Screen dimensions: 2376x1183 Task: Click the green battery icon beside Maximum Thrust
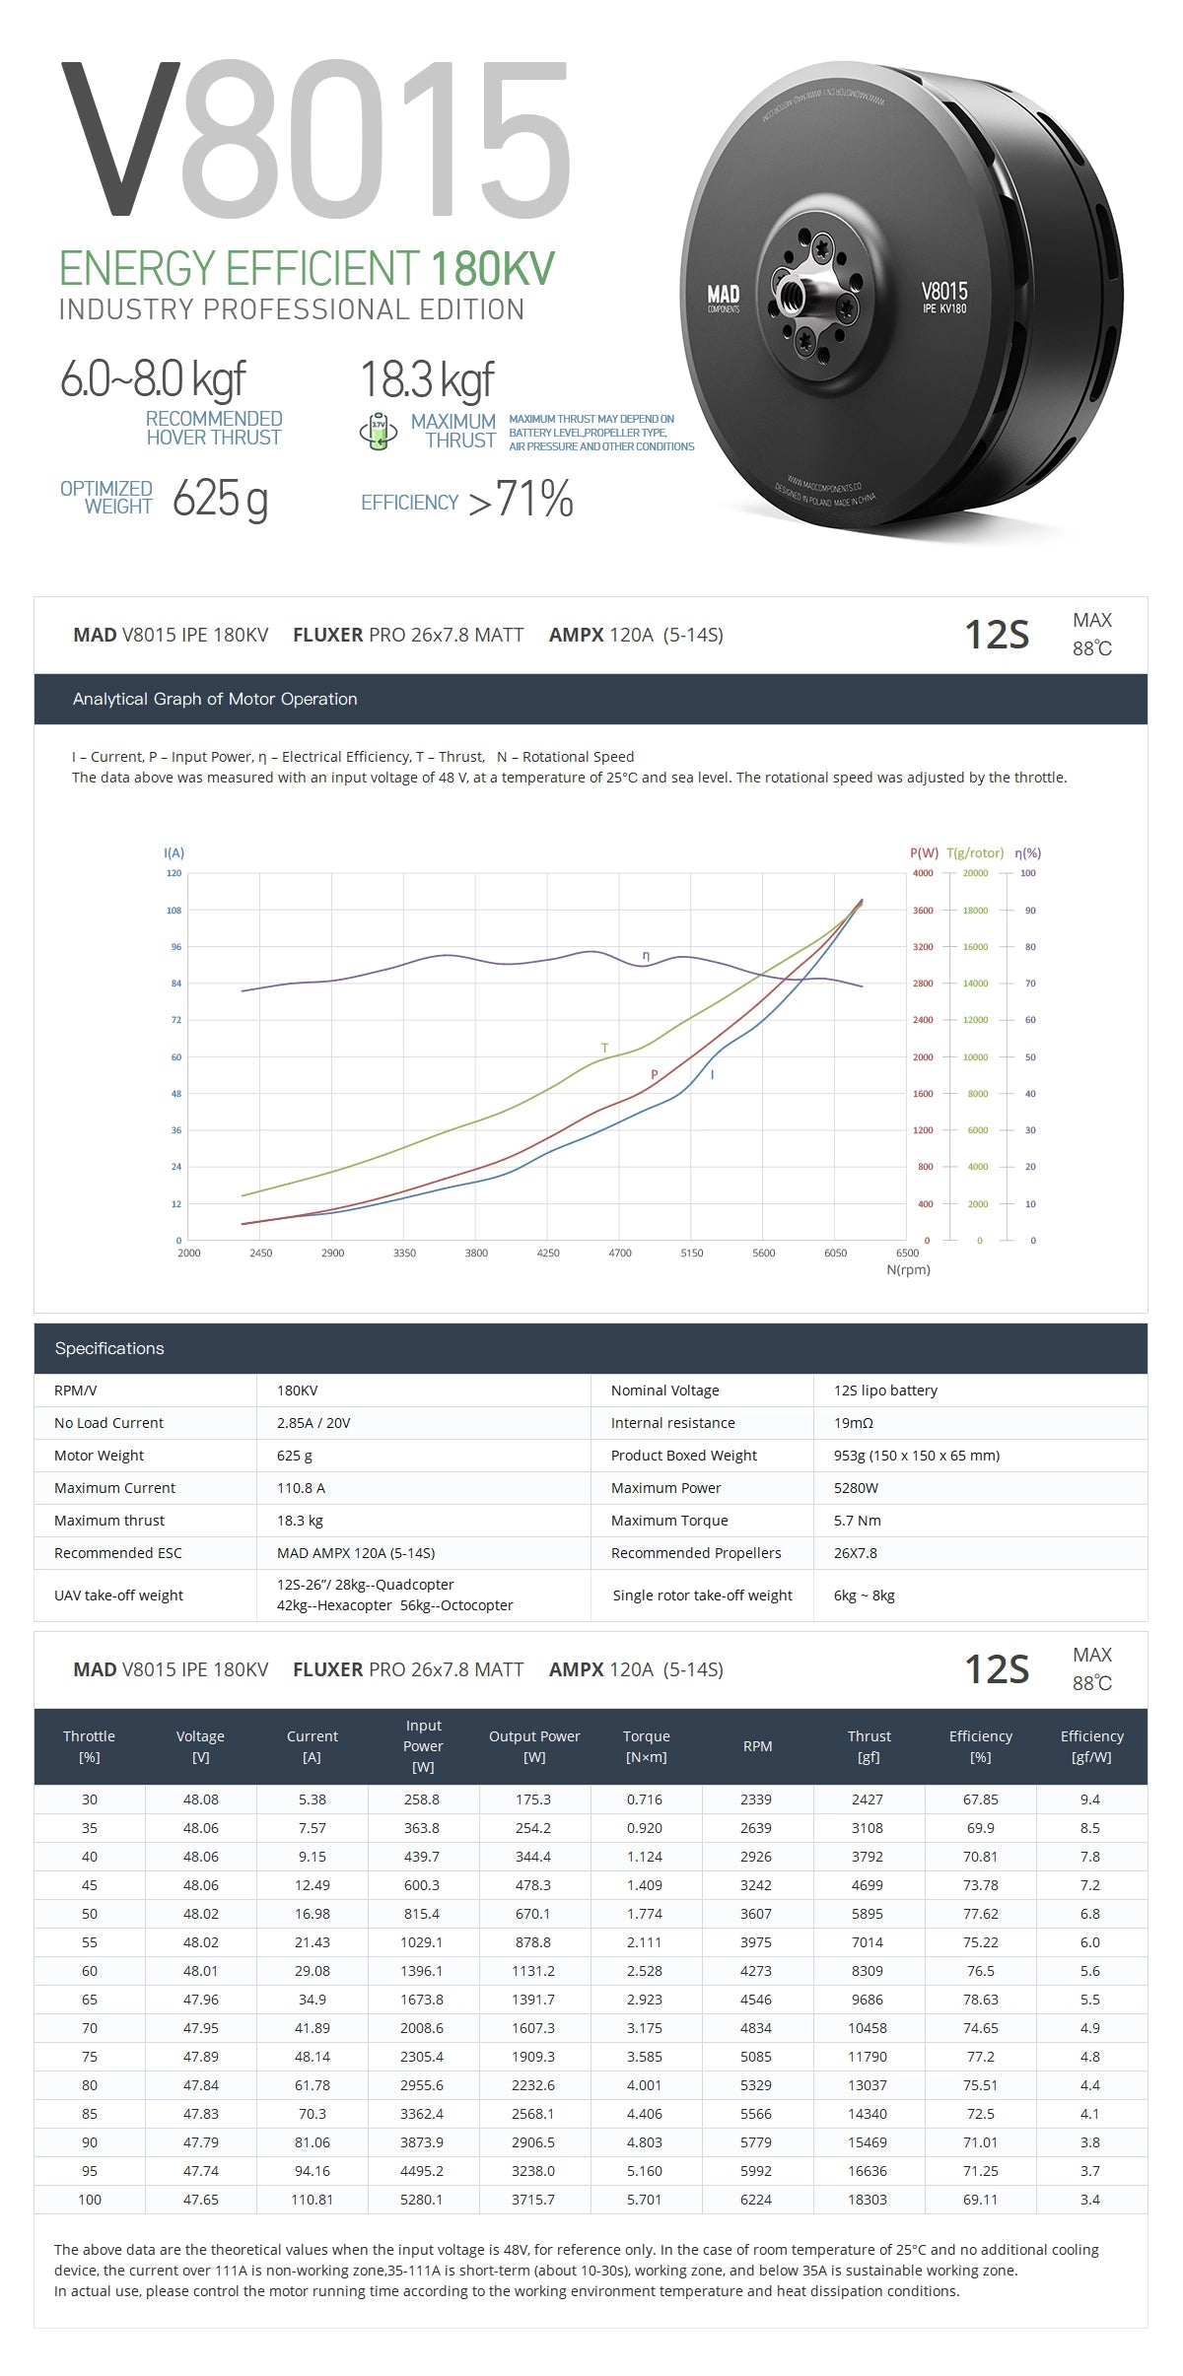point(378,431)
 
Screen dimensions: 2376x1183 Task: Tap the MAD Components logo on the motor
point(723,298)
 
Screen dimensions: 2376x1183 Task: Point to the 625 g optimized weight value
point(220,498)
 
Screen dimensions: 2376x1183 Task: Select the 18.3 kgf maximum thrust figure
point(427,379)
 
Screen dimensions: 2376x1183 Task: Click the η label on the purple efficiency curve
point(646,956)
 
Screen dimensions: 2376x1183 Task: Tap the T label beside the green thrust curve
point(604,1048)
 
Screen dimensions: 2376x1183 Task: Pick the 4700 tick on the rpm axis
point(620,1253)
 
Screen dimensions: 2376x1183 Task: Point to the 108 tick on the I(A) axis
point(174,911)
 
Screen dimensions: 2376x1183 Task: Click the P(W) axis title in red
point(924,853)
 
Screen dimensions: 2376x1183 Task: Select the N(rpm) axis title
point(908,1269)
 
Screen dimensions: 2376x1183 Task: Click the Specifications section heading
point(109,1348)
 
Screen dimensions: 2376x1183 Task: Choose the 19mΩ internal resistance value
point(854,1423)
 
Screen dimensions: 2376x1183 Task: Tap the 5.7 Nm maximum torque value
point(857,1521)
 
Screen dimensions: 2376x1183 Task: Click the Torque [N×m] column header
point(646,1746)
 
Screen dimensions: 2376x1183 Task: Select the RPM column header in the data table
point(757,1746)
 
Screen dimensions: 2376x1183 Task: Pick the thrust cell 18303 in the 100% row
point(868,2200)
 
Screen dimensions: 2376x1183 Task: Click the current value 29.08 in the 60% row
point(312,1971)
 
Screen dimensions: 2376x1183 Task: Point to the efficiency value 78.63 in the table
point(980,2000)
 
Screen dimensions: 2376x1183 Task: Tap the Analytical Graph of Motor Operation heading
point(215,699)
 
